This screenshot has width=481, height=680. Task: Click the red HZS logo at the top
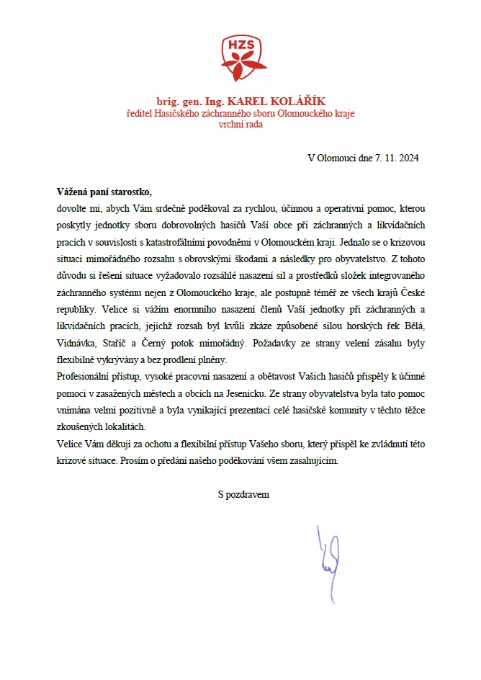pyautogui.click(x=240, y=58)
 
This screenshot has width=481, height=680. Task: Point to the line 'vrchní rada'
pyautogui.click(x=240, y=124)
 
